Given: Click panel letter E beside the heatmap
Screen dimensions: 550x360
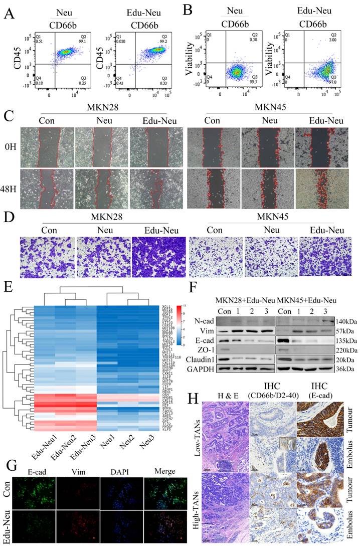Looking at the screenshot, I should (9, 289).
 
